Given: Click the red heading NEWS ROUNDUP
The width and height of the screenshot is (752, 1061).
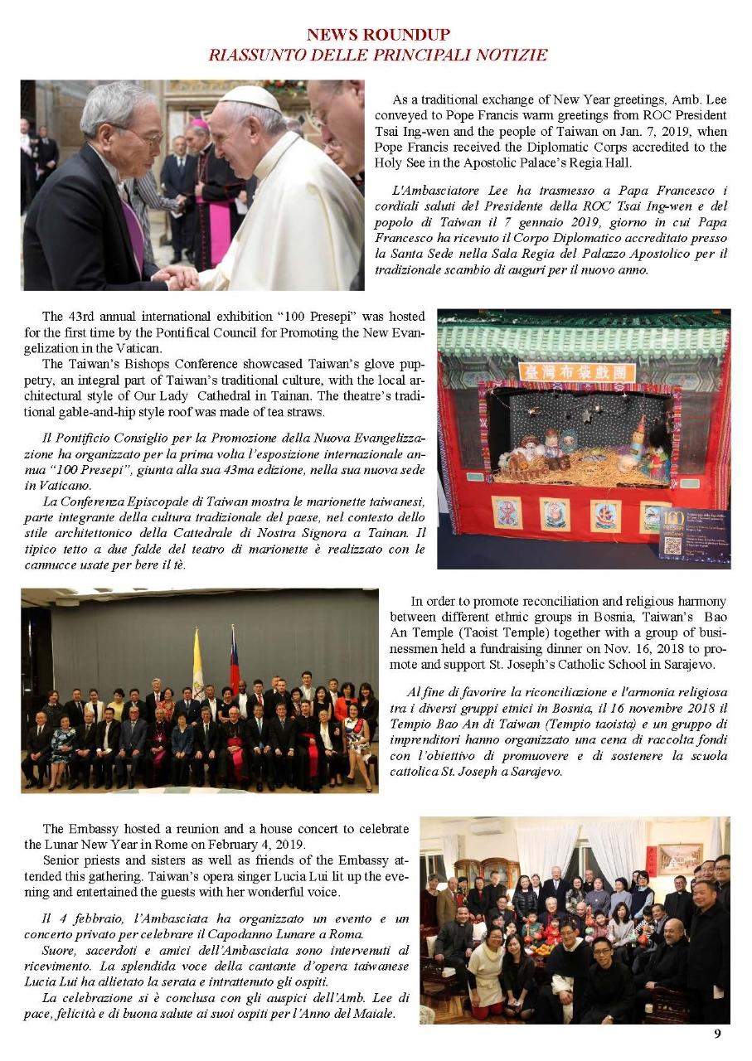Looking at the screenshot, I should (378, 35).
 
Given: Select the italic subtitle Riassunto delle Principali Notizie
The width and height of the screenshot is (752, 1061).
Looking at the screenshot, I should (378, 56).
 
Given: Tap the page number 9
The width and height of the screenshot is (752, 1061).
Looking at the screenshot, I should (717, 1033).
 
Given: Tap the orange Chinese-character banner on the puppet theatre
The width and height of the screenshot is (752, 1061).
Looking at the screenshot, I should (576, 371).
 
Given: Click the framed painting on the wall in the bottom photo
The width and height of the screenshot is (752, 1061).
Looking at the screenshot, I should (680, 858).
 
